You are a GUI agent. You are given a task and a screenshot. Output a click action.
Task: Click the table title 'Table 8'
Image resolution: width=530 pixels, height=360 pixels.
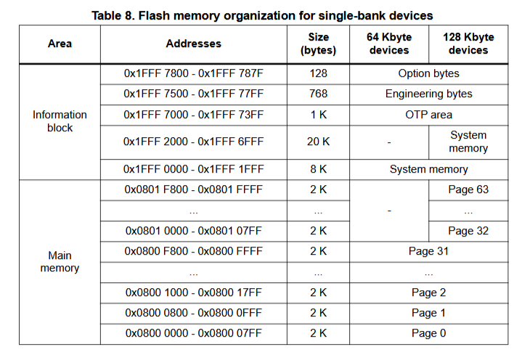click(265, 15)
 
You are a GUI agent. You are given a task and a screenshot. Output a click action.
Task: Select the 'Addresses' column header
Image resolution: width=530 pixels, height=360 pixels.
click(193, 44)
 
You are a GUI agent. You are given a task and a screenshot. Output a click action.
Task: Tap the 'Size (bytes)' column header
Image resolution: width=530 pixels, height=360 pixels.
click(318, 44)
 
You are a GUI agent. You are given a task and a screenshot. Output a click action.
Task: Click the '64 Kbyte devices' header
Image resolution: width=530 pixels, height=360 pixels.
click(389, 44)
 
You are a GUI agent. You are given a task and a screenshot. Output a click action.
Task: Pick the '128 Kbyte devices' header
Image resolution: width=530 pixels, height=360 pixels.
click(468, 44)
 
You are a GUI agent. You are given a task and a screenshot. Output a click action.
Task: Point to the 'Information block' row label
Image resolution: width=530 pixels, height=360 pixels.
click(60, 121)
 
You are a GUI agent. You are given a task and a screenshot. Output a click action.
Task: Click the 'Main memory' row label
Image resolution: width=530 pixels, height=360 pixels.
click(60, 262)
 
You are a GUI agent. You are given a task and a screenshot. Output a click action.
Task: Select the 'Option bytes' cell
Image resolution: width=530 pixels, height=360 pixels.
click(428, 73)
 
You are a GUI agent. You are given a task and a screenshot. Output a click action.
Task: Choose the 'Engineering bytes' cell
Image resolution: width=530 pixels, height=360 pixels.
click(428, 94)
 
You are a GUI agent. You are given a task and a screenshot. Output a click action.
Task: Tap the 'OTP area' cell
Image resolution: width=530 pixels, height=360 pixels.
click(428, 115)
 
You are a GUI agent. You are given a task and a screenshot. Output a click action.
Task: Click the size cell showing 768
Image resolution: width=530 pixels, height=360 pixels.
click(318, 94)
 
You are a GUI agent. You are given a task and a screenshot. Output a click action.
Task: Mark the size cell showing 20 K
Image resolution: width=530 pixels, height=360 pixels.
click(318, 142)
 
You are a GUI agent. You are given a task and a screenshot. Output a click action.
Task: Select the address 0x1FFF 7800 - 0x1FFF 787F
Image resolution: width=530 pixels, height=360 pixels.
click(193, 73)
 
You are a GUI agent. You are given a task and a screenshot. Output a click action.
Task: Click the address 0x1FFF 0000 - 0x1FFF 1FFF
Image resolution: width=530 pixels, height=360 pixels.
click(193, 169)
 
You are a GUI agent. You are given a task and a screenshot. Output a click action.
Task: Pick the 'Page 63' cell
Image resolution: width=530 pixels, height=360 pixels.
click(468, 189)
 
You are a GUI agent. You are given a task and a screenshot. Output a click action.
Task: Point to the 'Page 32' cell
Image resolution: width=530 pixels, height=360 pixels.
click(468, 231)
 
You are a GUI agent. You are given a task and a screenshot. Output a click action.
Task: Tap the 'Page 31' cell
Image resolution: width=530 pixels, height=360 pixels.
click(428, 251)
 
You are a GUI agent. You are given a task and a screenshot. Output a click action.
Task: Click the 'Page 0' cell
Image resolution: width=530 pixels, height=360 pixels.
click(428, 333)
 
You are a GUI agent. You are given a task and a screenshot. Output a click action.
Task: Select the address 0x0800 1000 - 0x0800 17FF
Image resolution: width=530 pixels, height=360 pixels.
click(193, 292)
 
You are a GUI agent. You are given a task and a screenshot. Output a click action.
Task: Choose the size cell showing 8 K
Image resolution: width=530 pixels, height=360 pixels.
click(318, 169)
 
